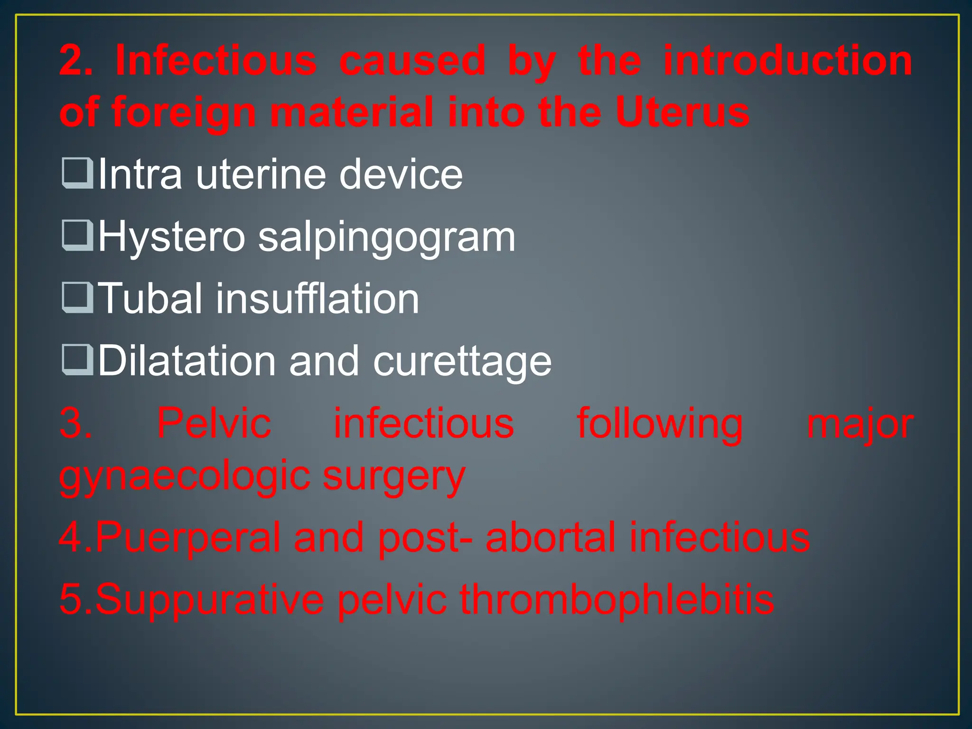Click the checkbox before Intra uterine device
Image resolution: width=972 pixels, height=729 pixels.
click(x=77, y=173)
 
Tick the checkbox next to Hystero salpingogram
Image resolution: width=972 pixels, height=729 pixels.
click(x=77, y=235)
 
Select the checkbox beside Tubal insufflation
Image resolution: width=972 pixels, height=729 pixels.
click(x=77, y=298)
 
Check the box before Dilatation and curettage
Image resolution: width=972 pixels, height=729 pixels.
click(x=77, y=360)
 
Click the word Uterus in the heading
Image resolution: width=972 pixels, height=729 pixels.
click(x=682, y=112)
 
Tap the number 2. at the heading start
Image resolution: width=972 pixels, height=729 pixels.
click(x=76, y=60)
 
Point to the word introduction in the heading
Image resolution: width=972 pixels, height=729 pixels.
click(x=787, y=60)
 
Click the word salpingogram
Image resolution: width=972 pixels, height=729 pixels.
click(x=386, y=237)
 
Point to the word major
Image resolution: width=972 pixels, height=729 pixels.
click(x=860, y=424)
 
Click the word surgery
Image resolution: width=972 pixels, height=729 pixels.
click(x=393, y=476)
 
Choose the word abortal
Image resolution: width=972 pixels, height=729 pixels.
click(x=551, y=537)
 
